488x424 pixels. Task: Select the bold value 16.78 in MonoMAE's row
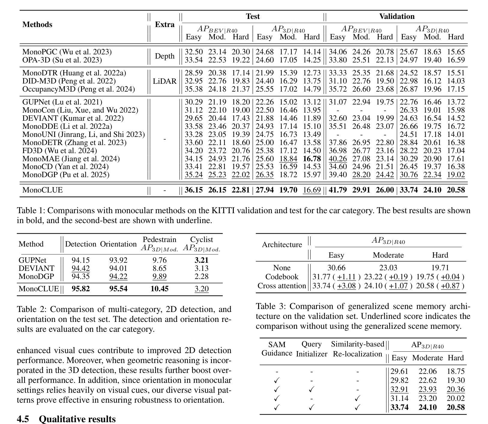[x=312, y=159]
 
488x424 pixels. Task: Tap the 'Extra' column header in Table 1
[x=164, y=25]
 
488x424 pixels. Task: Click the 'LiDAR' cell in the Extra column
[x=164, y=81]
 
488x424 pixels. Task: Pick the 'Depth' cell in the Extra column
[x=164, y=56]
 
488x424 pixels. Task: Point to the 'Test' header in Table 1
[x=253, y=17]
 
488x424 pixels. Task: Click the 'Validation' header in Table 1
[x=397, y=17]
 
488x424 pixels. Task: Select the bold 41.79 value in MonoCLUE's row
[x=337, y=190]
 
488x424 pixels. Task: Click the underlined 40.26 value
[x=337, y=159]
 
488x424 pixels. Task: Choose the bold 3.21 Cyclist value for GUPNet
[x=201, y=260]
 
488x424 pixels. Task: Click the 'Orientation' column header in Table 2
[x=118, y=244]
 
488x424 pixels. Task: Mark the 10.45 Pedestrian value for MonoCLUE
[x=159, y=289]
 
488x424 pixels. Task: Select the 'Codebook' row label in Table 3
[x=282, y=277]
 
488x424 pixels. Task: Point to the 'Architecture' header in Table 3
[x=282, y=245]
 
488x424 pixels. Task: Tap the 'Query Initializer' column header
[x=312, y=349]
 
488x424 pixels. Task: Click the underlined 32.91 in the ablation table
[x=399, y=389]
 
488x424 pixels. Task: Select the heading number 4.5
[x=23, y=419]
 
